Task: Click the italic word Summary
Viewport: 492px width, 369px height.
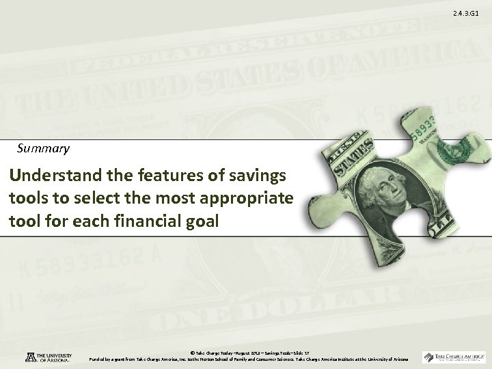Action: (x=42, y=147)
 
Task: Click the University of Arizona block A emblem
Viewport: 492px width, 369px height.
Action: (x=20, y=357)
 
